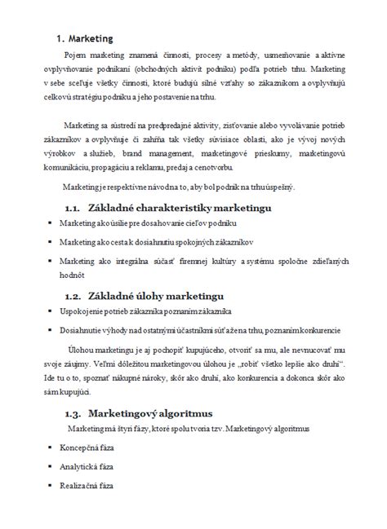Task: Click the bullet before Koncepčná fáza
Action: point(50,447)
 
